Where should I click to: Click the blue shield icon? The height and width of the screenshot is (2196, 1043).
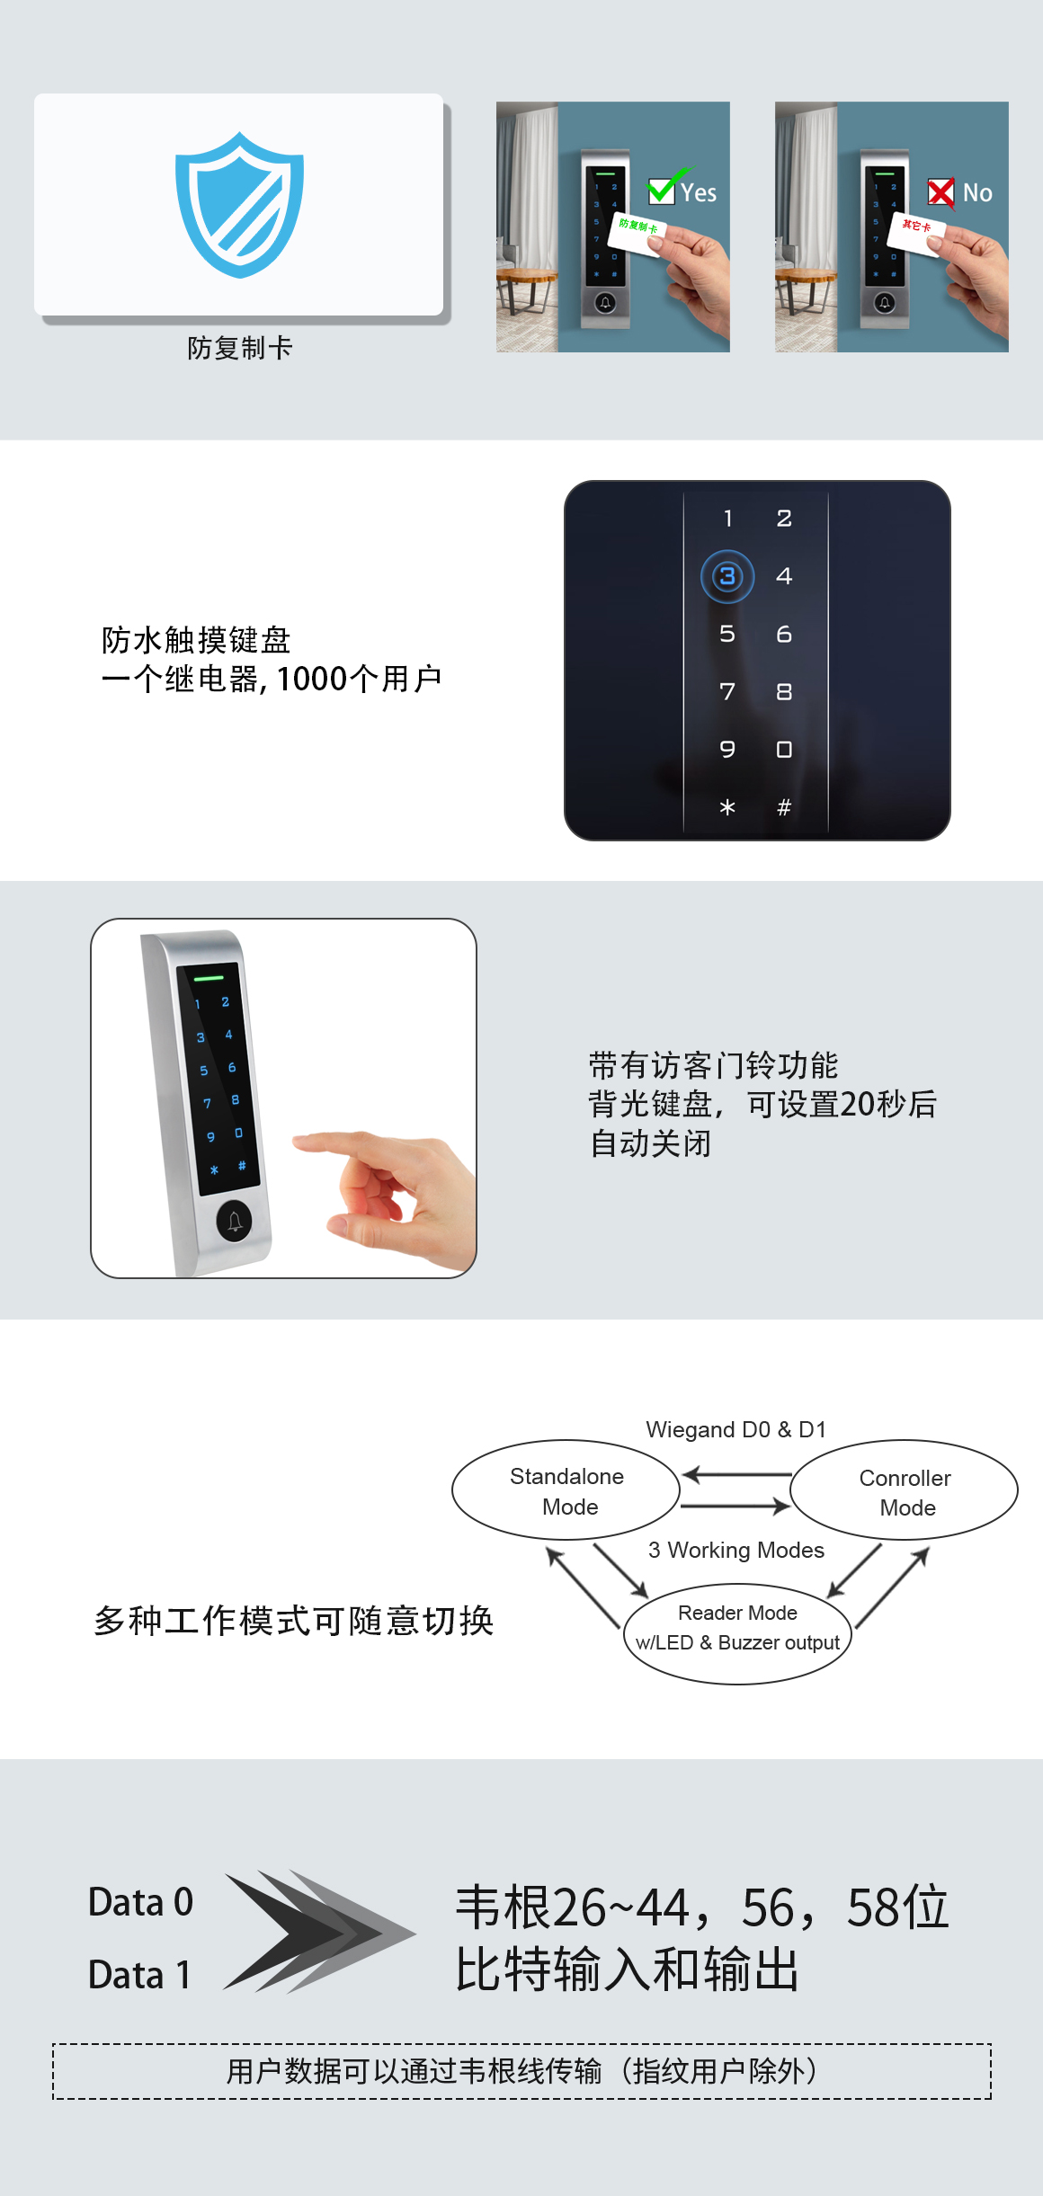pos(239,204)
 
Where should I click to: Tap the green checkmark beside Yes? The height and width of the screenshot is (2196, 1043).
pos(664,188)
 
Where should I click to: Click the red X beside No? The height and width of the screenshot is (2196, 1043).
pos(940,192)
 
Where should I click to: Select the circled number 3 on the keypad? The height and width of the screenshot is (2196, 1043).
pos(727,576)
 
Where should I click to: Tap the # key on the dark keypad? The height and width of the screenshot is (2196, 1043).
pos(784,807)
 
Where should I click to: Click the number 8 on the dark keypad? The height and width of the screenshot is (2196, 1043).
pos(784,691)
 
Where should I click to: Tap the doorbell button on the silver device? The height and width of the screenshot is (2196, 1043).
pos(235,1221)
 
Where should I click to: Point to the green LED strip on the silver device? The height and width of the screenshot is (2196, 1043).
pos(209,977)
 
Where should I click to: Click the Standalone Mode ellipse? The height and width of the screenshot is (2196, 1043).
pos(566,1490)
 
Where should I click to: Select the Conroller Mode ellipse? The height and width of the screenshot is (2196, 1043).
pos(905,1491)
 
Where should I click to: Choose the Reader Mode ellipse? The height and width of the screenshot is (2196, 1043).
pos(737,1628)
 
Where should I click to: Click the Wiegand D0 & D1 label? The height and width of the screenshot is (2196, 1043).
pos(735,1429)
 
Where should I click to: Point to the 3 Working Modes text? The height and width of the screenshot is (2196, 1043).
pos(735,1550)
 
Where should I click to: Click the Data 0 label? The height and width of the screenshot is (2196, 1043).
pos(140,1902)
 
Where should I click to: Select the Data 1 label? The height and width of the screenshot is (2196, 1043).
pos(139,1975)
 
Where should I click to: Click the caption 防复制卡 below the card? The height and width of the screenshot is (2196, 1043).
pos(240,348)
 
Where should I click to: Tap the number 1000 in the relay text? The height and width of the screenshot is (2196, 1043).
pos(311,679)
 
